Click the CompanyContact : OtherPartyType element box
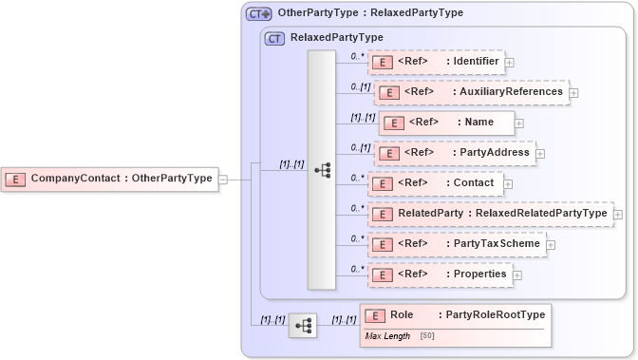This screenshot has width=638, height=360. pos(110,178)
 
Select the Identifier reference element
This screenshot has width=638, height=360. pos(437,62)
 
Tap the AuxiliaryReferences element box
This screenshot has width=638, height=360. pos(472,92)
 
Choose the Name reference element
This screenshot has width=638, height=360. pos(447,122)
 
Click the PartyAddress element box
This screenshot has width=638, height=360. pos(454,152)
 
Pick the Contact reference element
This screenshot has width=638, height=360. pos(437,182)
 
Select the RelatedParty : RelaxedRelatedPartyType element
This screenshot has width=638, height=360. pos(490,213)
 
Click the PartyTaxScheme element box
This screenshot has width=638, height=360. pos(456,244)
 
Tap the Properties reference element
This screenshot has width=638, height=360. pos(440,275)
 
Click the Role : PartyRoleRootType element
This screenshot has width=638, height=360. pos(454,315)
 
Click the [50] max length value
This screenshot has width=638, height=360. pos(427,336)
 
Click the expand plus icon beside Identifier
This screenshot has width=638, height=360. pos(510,63)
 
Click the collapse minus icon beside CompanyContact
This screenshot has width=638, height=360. pos(223,179)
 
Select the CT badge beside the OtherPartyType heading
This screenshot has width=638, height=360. pos(258,14)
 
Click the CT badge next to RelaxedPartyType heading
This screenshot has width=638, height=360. pos(274,38)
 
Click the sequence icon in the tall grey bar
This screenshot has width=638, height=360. pos(322,169)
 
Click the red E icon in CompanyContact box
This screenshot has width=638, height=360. pos(16,178)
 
